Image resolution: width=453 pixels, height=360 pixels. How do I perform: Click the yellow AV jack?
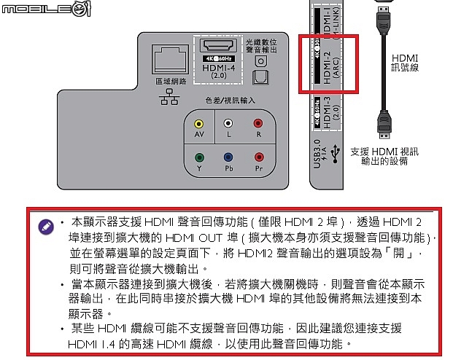click(199, 125)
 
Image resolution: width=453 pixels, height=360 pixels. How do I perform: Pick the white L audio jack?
click(228, 125)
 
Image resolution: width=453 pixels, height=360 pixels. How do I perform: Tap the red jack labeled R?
click(258, 125)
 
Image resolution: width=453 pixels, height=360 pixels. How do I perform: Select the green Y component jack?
click(199, 157)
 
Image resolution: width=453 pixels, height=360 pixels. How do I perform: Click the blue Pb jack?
click(228, 157)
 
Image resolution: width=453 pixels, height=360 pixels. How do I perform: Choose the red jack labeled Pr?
click(258, 157)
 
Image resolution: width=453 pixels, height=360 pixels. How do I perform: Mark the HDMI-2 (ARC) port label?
click(332, 64)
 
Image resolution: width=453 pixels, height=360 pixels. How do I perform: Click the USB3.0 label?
click(317, 153)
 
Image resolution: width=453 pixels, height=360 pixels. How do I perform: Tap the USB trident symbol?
click(334, 153)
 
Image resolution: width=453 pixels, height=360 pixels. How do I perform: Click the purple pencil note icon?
click(46, 226)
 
